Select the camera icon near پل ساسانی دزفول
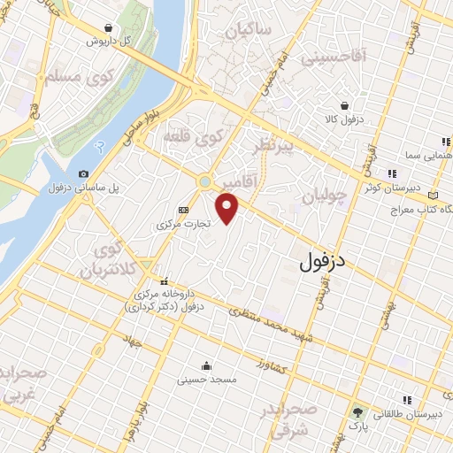[83, 174]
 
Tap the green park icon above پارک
[358, 412]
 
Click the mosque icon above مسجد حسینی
[206, 365]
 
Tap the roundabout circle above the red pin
[205, 181]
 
